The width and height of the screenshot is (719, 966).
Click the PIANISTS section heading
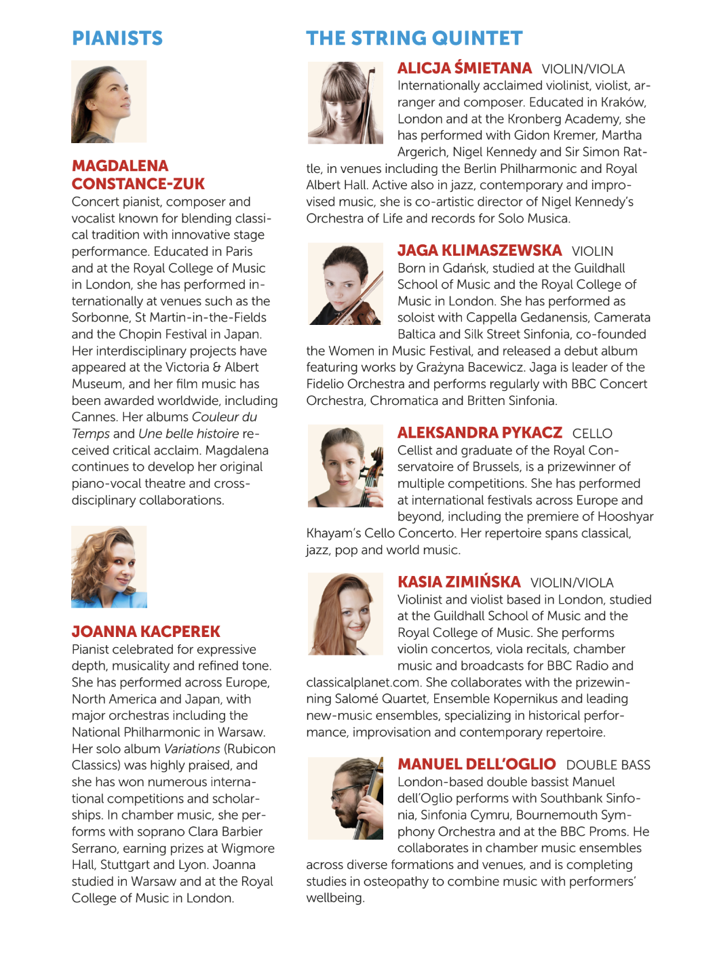pyautogui.click(x=117, y=38)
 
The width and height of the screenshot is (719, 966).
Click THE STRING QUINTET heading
pyautogui.click(x=414, y=38)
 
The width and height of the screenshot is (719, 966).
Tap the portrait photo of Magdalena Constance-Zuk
pyautogui.click(x=109, y=102)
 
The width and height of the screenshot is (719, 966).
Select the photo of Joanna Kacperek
pyautogui.click(x=109, y=566)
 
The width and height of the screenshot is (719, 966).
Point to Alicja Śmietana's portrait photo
pyautogui.click(x=345, y=102)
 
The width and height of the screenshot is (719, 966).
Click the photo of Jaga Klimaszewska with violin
pyautogui.click(x=345, y=284)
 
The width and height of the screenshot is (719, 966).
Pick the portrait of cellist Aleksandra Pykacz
pyautogui.click(x=345, y=466)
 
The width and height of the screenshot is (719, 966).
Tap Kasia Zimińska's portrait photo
pyautogui.click(x=345, y=614)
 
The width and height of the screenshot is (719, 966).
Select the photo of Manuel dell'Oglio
pyautogui.click(x=345, y=798)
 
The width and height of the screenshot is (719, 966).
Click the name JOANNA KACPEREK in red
pyautogui.click(x=146, y=632)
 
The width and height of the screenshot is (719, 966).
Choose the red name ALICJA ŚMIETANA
pyautogui.click(x=465, y=69)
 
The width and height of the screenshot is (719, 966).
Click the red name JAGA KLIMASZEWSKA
pyautogui.click(x=480, y=250)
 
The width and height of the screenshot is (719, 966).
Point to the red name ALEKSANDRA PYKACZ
pyautogui.click(x=480, y=433)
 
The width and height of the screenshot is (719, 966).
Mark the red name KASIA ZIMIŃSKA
pyautogui.click(x=459, y=582)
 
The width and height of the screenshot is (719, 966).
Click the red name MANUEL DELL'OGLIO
pyautogui.click(x=477, y=765)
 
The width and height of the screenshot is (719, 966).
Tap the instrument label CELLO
pyautogui.click(x=592, y=433)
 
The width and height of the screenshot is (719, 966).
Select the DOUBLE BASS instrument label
pyautogui.click(x=608, y=765)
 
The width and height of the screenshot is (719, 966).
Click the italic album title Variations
pyautogui.click(x=192, y=749)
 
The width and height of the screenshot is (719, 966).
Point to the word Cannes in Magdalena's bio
pyautogui.click(x=94, y=417)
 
